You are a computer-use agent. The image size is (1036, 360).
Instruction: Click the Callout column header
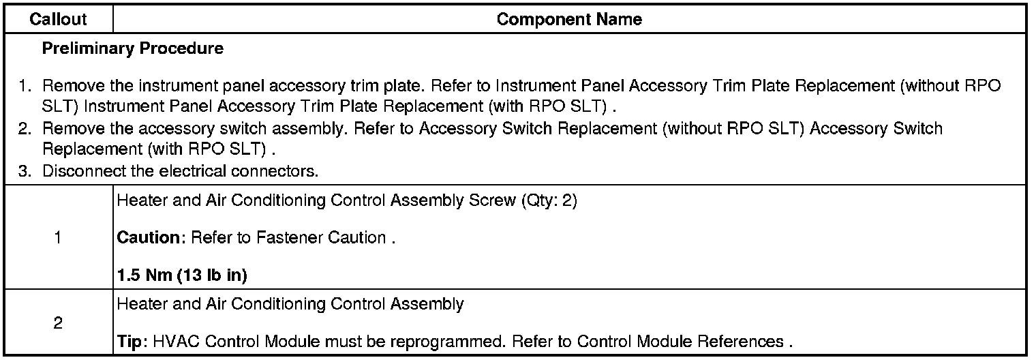click(58, 20)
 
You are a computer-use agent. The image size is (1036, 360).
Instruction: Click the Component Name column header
click(569, 20)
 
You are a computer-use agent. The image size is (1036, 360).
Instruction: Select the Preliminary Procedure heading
click(132, 49)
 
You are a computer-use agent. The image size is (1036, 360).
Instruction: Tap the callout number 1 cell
click(58, 239)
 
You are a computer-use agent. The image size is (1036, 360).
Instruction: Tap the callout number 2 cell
click(58, 323)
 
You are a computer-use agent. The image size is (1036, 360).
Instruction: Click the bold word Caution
click(151, 238)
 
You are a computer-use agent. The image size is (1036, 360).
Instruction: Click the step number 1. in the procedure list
click(25, 87)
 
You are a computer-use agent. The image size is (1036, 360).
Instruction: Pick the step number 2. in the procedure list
click(25, 128)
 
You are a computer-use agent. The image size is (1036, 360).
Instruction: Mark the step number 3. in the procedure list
click(25, 170)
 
